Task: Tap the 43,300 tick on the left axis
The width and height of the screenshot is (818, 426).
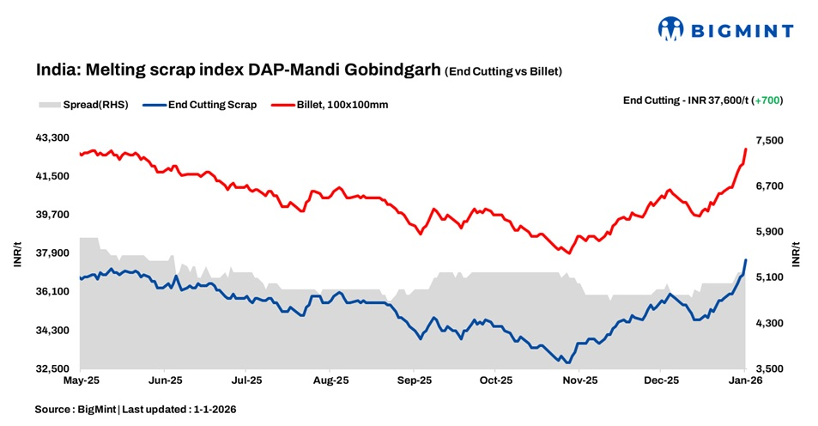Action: click(x=54, y=137)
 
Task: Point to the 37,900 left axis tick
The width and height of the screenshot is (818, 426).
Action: click(x=54, y=253)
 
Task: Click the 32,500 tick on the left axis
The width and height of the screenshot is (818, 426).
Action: click(x=54, y=369)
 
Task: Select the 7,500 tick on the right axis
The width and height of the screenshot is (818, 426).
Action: click(x=769, y=140)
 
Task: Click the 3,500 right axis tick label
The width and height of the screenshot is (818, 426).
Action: click(x=769, y=369)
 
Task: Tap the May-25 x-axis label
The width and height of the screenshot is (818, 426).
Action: click(x=80, y=379)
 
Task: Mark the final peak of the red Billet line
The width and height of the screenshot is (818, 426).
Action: click(x=746, y=149)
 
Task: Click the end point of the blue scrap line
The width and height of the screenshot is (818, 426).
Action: click(x=746, y=259)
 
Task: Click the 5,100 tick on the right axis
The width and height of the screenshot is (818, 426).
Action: click(x=769, y=277)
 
